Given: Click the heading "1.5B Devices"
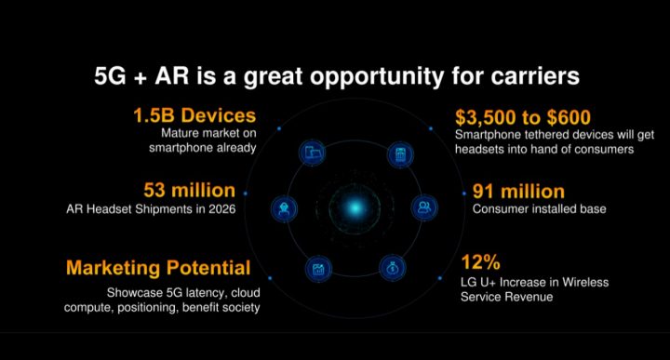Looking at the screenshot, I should pyautogui.click(x=194, y=116).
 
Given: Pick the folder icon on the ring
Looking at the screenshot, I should pyautogui.click(x=313, y=153).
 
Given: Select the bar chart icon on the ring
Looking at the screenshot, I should pyautogui.click(x=318, y=270).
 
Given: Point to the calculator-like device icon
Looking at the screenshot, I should pyautogui.click(x=399, y=153).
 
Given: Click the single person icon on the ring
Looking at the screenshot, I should pyautogui.click(x=283, y=207).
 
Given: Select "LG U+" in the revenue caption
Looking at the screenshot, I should pyautogui.click(x=476, y=282).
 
